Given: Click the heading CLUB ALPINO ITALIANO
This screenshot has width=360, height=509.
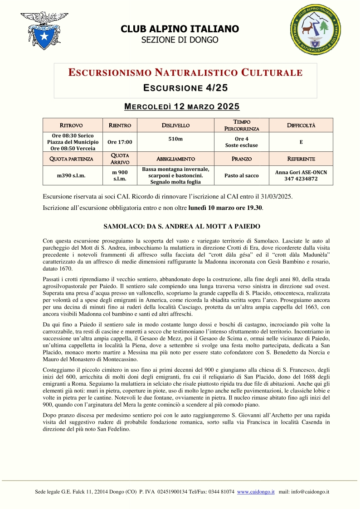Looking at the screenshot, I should tap(180, 29).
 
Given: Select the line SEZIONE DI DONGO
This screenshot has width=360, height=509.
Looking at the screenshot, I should tap(180, 40).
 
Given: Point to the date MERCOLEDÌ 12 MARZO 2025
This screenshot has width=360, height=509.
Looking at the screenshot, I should tap(182, 107).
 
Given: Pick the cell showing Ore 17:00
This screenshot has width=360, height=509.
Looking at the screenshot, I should tap(120, 142).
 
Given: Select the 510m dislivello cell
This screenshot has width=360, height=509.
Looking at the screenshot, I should tap(175, 139).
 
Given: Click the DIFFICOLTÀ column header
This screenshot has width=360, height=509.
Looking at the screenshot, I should tap(301, 125).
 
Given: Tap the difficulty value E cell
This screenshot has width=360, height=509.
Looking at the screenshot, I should tap(301, 142).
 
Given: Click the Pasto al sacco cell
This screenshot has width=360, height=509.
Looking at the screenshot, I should tap(241, 175).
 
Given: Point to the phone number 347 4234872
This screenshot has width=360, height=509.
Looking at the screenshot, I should tap(301, 179).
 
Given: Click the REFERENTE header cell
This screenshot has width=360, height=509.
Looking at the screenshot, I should tap(301, 159).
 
